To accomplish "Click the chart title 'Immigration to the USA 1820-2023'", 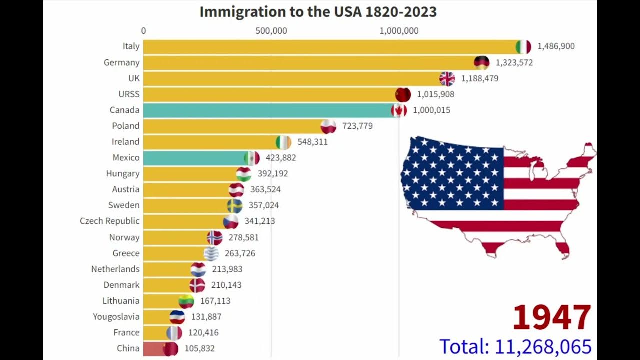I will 318,12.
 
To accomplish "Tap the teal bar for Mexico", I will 195,158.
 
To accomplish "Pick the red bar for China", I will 153,348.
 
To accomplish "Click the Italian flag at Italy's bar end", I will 523,46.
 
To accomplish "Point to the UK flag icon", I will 447,78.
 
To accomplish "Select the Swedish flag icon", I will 235,205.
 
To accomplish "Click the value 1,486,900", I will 556,46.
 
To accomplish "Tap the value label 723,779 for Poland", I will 357,126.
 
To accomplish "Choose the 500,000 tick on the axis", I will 271,31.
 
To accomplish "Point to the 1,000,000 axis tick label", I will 399,31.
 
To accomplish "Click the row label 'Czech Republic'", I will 110,221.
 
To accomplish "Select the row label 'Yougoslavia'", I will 116,316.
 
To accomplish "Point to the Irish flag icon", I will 283,142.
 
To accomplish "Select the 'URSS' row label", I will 129,94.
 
